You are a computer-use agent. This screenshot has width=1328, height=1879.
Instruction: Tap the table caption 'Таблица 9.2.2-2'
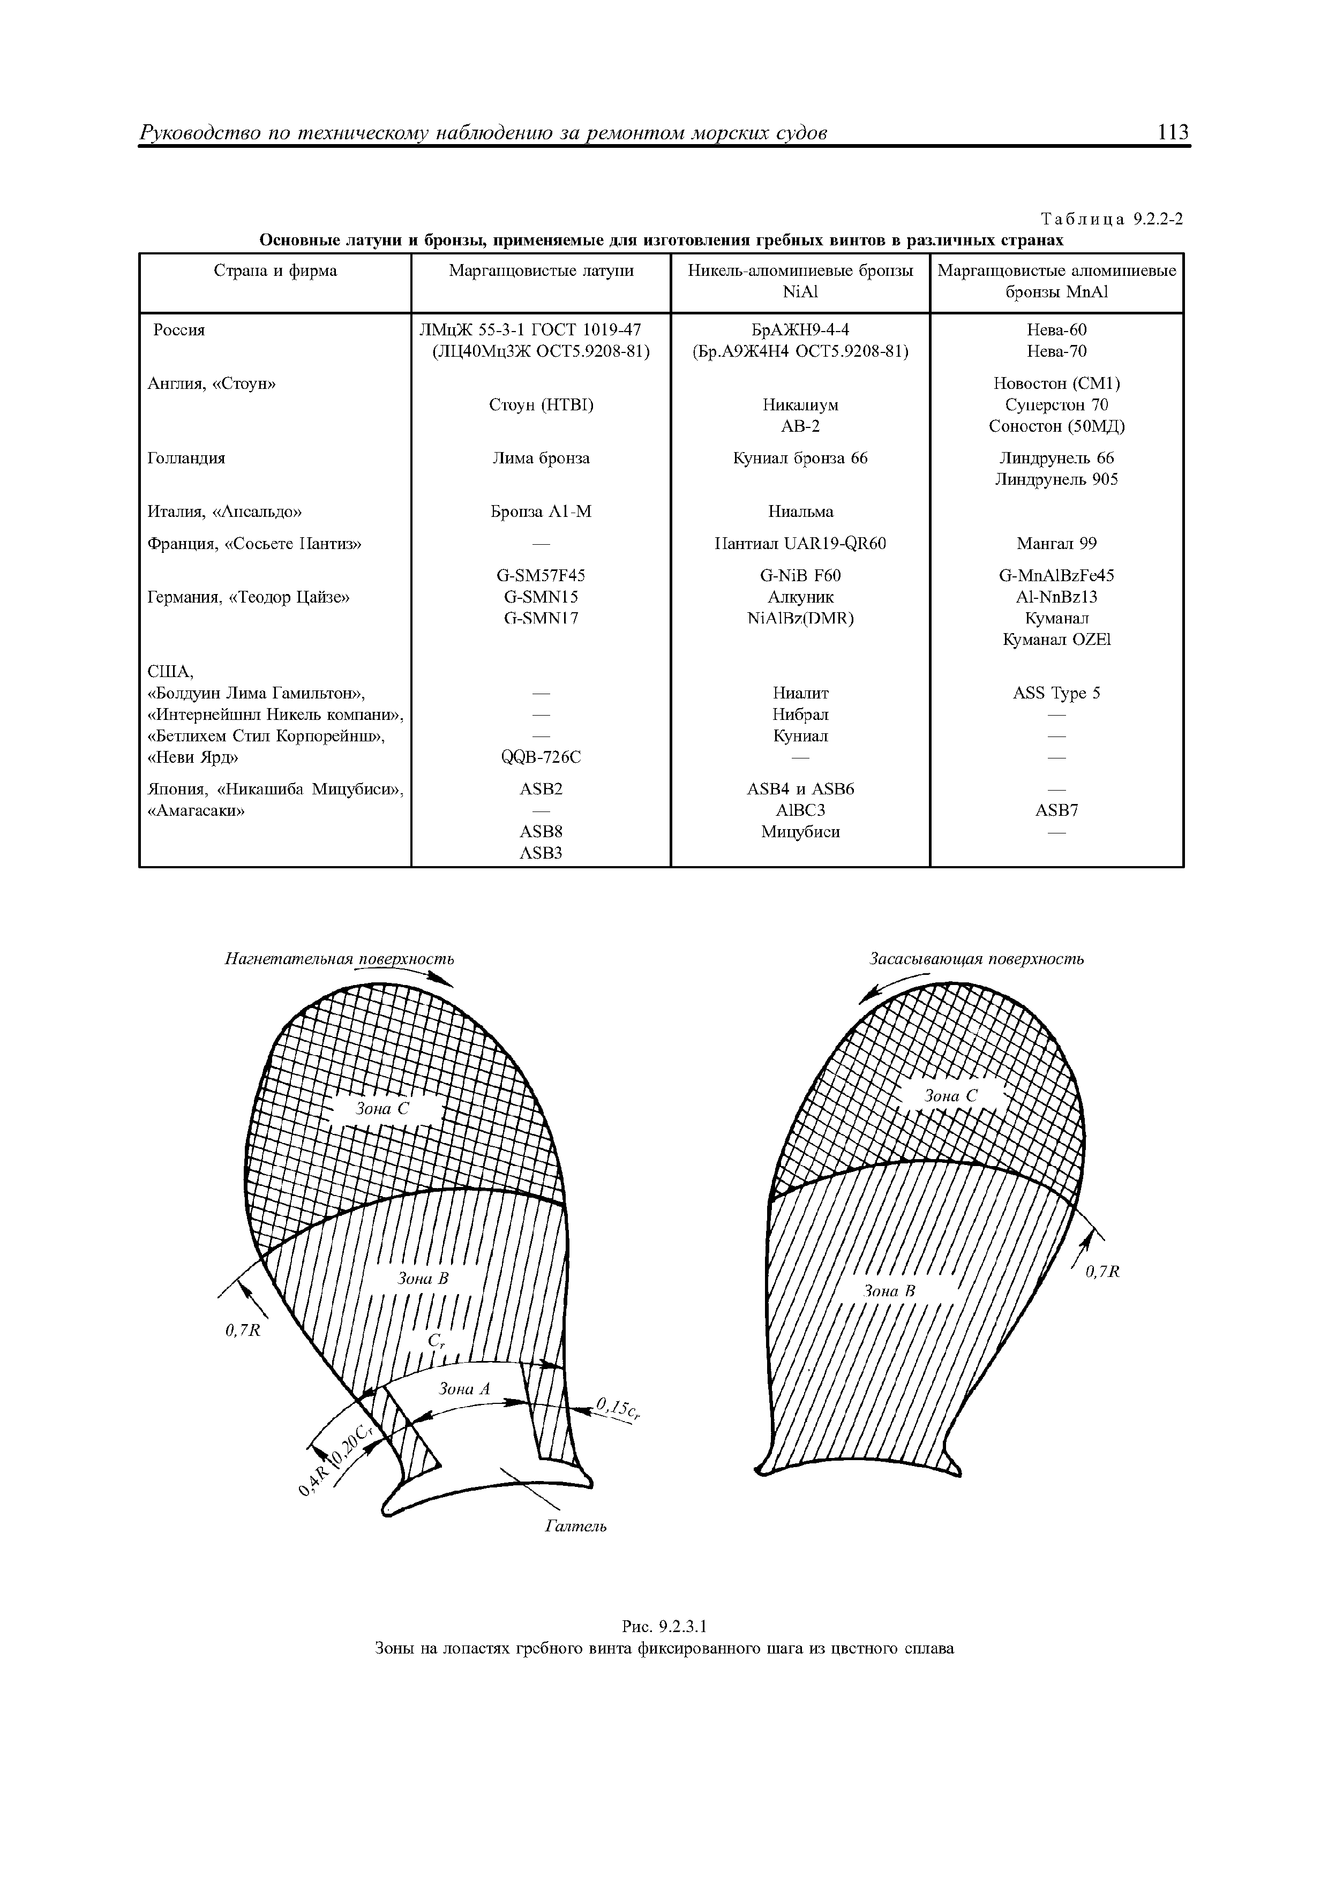[x=1111, y=219]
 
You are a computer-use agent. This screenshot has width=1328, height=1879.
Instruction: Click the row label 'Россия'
[x=179, y=330]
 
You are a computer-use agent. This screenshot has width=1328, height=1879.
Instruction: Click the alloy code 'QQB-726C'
[x=540, y=757]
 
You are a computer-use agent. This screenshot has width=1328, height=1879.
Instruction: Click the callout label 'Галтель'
[x=575, y=1526]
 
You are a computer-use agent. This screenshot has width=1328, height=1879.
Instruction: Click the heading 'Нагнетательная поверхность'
[x=339, y=958]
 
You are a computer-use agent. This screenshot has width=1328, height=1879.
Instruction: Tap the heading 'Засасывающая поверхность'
[x=976, y=958]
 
